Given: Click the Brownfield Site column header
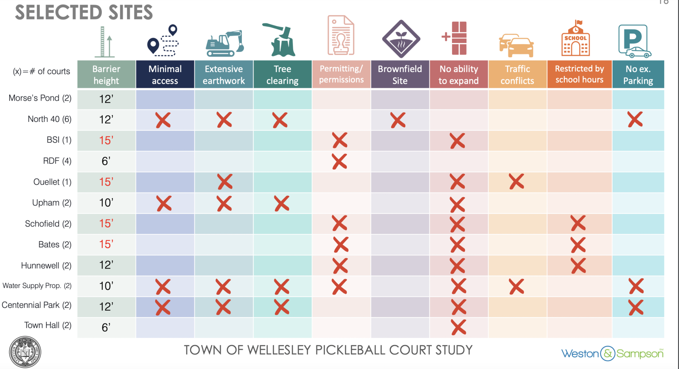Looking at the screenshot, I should click(400, 74).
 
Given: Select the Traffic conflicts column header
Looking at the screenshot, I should click(517, 74).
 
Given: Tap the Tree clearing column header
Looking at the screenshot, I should click(282, 74).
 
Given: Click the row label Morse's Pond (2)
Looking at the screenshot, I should click(40, 98).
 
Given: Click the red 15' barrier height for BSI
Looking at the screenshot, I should click(106, 140).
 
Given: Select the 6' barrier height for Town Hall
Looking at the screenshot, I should click(106, 327).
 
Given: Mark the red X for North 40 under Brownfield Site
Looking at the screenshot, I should click(398, 120).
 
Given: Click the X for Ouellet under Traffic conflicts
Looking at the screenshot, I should click(516, 182).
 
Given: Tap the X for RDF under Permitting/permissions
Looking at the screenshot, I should click(339, 162).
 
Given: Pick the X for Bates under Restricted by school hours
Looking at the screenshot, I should click(578, 245).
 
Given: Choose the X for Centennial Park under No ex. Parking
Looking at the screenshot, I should click(636, 307).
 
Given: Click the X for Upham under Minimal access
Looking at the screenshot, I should click(164, 204).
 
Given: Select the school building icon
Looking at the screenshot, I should click(575, 39).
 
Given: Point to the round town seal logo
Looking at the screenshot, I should click(25, 352).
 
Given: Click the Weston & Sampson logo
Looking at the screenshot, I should click(612, 353).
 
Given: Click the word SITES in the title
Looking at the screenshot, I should click(130, 13).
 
